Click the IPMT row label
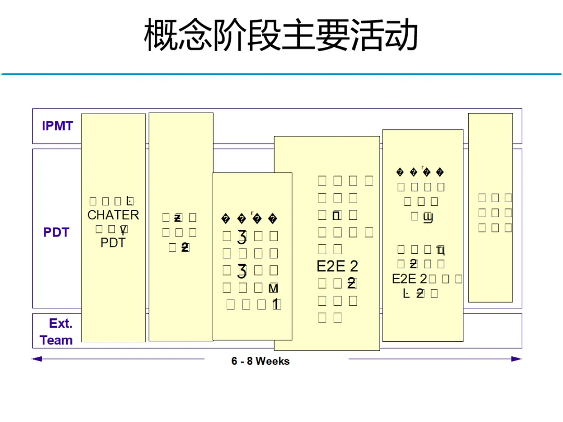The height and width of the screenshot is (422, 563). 57,126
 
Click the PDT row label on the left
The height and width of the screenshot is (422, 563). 56,232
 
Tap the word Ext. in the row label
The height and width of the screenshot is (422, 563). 61,324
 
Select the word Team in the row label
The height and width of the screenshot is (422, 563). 56,341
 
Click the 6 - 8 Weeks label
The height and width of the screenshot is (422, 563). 260,361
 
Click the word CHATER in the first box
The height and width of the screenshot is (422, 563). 113,215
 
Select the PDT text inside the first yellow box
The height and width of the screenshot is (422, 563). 113,243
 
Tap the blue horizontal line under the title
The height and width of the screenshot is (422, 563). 281,74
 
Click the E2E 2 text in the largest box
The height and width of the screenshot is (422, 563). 337,266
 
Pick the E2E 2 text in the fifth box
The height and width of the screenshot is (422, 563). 410,279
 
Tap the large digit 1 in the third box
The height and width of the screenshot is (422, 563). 275,305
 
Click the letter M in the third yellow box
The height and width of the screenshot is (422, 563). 273,288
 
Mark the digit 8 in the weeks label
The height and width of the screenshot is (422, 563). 249,361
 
